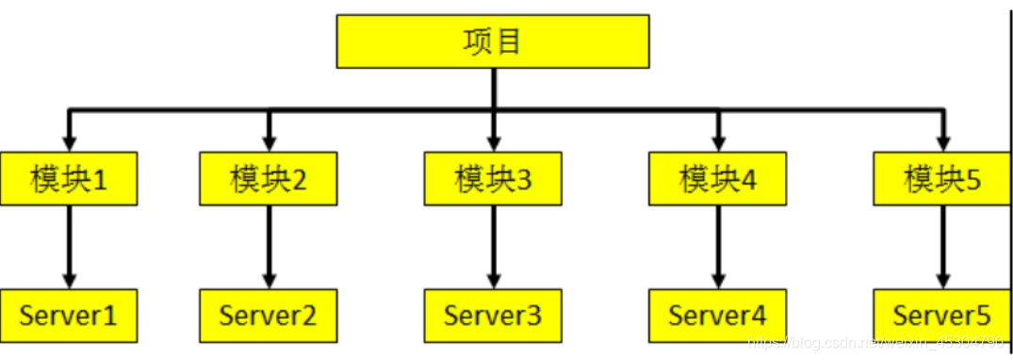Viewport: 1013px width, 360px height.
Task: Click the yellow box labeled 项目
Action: (x=493, y=41)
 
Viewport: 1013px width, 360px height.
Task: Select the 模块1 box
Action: (x=69, y=177)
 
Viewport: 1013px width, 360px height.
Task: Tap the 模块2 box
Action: (x=269, y=177)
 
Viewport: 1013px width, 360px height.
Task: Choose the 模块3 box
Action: (x=493, y=177)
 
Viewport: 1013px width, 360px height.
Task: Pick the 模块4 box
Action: (x=718, y=177)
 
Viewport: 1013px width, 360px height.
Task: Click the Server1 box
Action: (x=69, y=315)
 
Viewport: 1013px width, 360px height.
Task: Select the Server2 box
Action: (x=269, y=315)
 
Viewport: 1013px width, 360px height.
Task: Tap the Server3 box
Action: (x=493, y=315)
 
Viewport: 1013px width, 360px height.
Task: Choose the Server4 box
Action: (x=718, y=315)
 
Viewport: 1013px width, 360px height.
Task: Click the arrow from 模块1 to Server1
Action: (x=69, y=245)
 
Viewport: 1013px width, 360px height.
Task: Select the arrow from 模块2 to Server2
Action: (x=269, y=245)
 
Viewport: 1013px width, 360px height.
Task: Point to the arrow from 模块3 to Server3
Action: (x=493, y=245)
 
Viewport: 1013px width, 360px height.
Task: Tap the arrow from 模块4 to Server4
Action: (x=718, y=245)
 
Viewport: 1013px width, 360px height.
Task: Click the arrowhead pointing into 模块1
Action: (x=69, y=142)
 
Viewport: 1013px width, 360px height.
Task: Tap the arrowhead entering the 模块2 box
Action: (x=269, y=142)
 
